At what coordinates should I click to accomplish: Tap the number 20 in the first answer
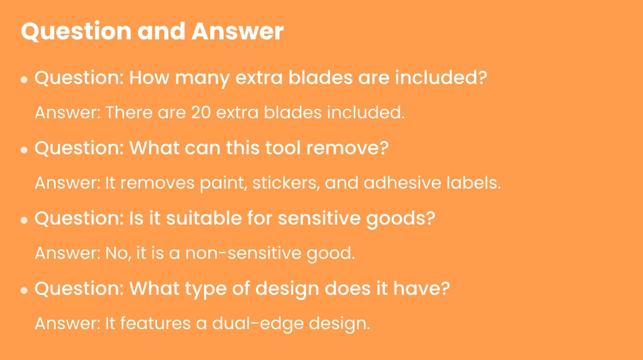pos(201,112)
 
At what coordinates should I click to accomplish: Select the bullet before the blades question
pos(24,80)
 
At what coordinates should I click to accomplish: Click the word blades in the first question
pos(320,78)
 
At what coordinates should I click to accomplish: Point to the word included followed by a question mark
pos(441,78)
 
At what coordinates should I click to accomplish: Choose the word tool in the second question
pos(283,148)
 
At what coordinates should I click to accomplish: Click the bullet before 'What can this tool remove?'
pos(24,150)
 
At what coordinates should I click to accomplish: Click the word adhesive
pos(402,183)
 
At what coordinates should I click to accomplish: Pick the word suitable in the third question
pos(204,218)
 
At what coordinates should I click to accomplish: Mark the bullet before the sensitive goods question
pos(24,220)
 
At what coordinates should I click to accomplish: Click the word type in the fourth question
pos(205,289)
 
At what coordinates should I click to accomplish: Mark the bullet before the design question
pos(24,291)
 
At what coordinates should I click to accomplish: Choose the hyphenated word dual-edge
pos(258,324)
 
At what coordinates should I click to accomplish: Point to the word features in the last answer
pos(155,323)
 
